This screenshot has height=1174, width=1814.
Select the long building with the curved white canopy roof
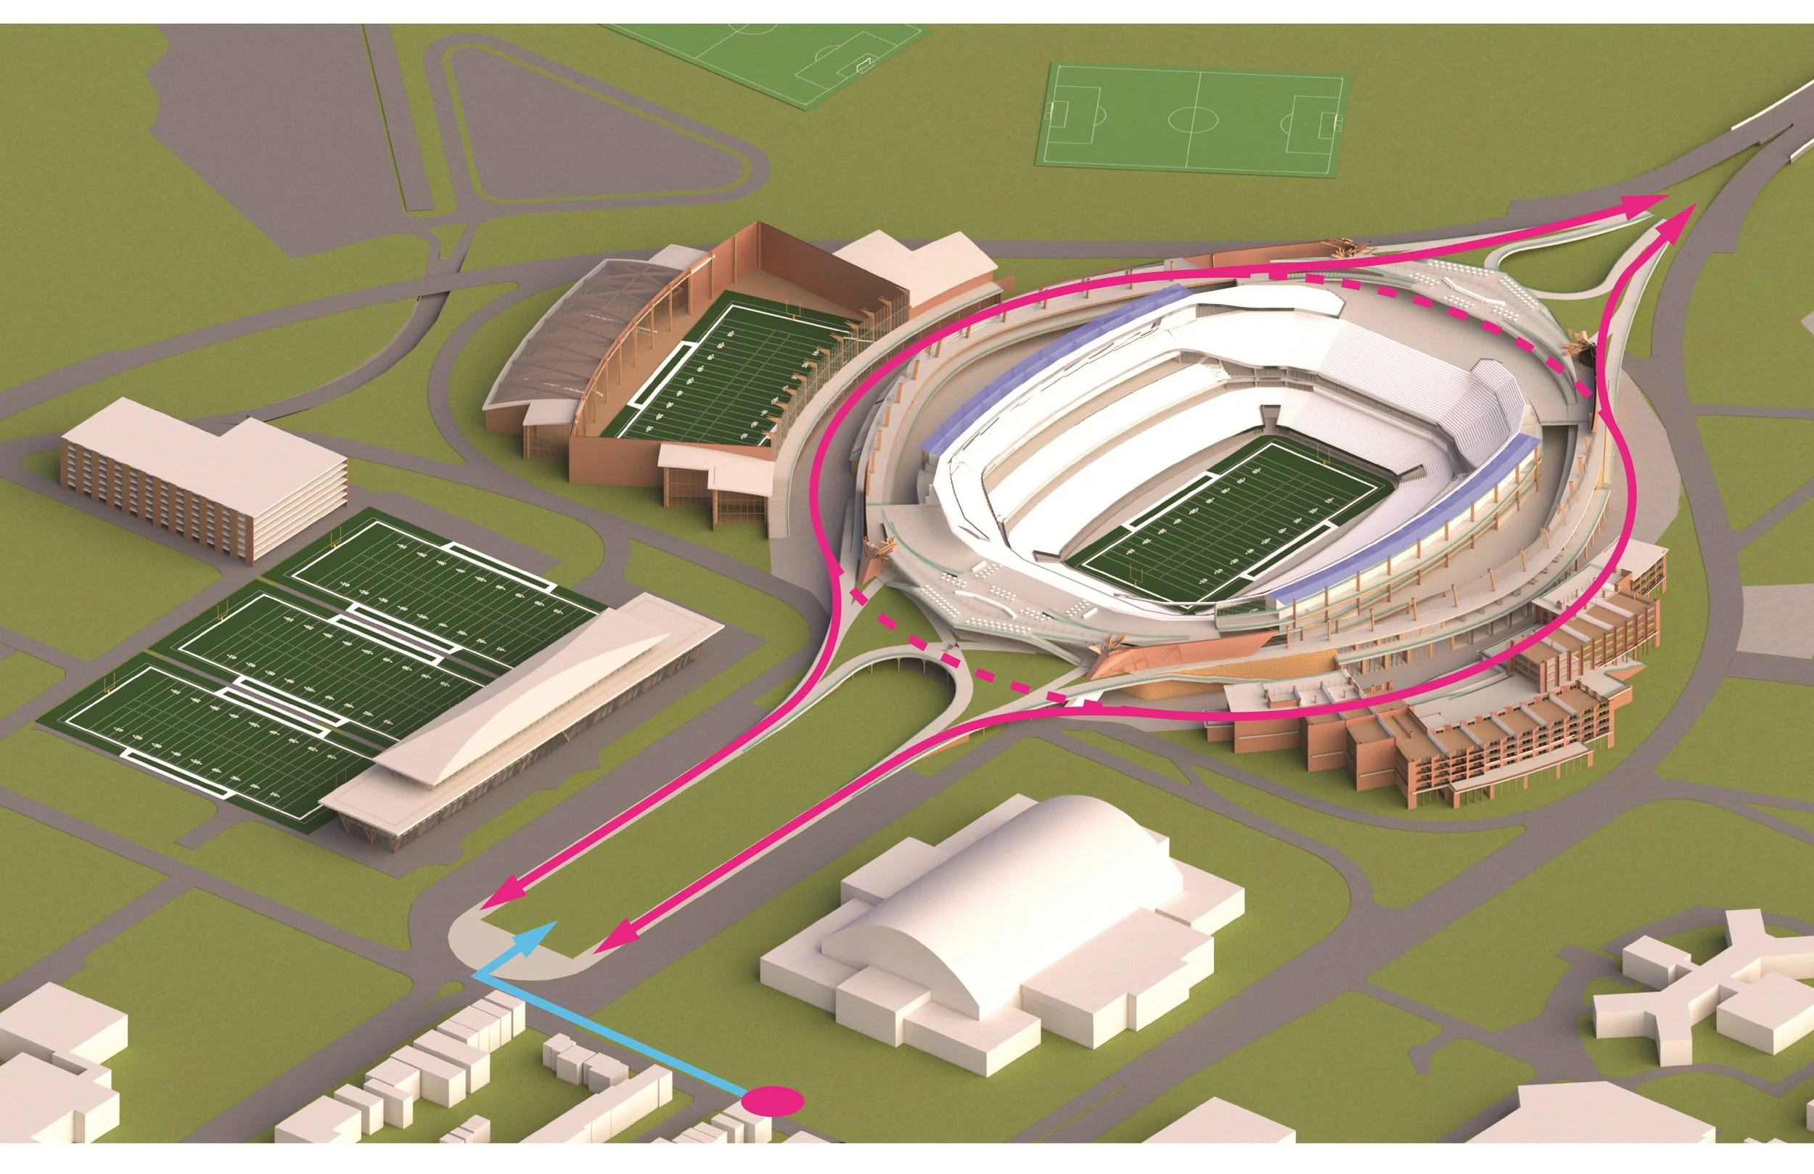point(526,732)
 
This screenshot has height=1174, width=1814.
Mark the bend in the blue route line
point(477,974)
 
